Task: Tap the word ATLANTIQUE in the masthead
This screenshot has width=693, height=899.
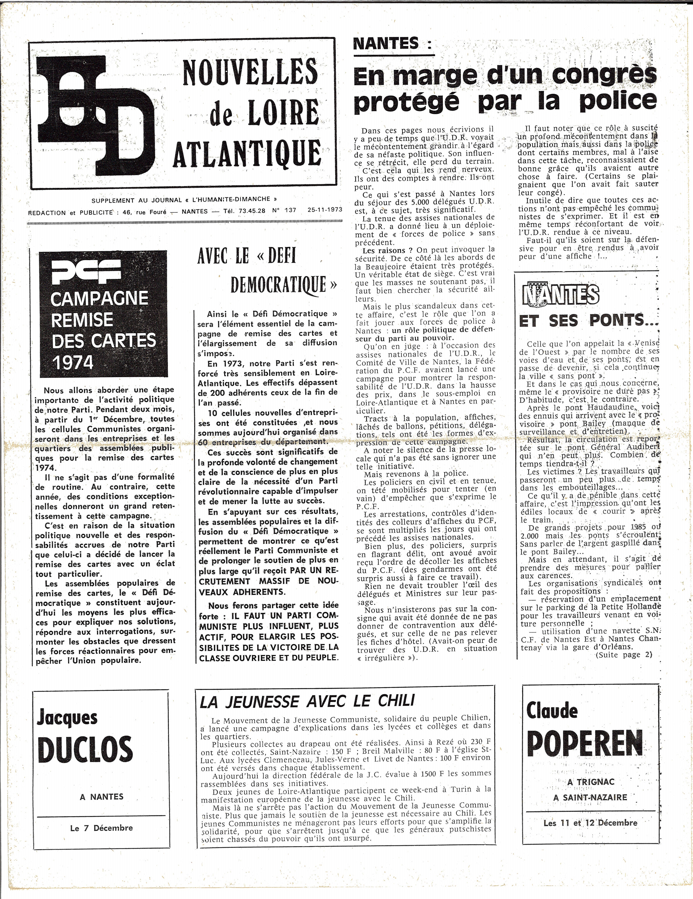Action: pos(247,153)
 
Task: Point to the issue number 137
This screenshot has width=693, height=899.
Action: pos(290,210)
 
